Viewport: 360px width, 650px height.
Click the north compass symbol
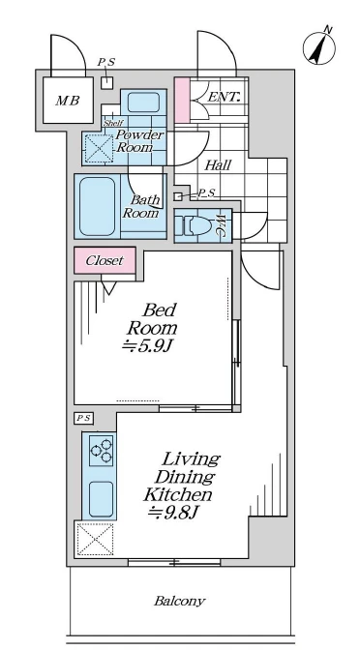pyautogui.click(x=319, y=47)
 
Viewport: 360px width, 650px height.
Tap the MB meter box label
pyautogui.click(x=68, y=101)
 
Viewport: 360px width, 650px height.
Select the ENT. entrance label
pyautogui.click(x=224, y=98)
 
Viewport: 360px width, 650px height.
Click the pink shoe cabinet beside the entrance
pyautogui.click(x=182, y=100)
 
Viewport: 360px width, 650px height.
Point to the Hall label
pyautogui.click(x=218, y=165)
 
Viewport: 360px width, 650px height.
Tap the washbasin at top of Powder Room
pyautogui.click(x=143, y=102)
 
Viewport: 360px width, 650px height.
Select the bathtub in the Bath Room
pyautogui.click(x=97, y=206)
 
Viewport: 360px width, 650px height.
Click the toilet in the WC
pyautogui.click(x=194, y=226)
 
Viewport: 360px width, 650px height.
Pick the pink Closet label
pyautogui.click(x=105, y=260)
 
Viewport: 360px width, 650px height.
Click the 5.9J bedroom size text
pyautogui.click(x=146, y=346)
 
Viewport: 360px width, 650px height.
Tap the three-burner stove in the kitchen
pyautogui.click(x=102, y=450)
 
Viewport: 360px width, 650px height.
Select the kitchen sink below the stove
pyautogui.click(x=102, y=499)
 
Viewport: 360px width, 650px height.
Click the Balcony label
pyautogui.click(x=180, y=601)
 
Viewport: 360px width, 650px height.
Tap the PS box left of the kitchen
pyautogui.click(x=84, y=418)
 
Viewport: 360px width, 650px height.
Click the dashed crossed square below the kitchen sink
pyautogui.click(x=95, y=539)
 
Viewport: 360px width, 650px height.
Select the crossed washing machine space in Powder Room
pyautogui.click(x=99, y=149)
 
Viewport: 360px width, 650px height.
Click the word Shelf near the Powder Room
pyautogui.click(x=112, y=123)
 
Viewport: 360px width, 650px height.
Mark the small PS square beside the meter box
pyautogui.click(x=107, y=83)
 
